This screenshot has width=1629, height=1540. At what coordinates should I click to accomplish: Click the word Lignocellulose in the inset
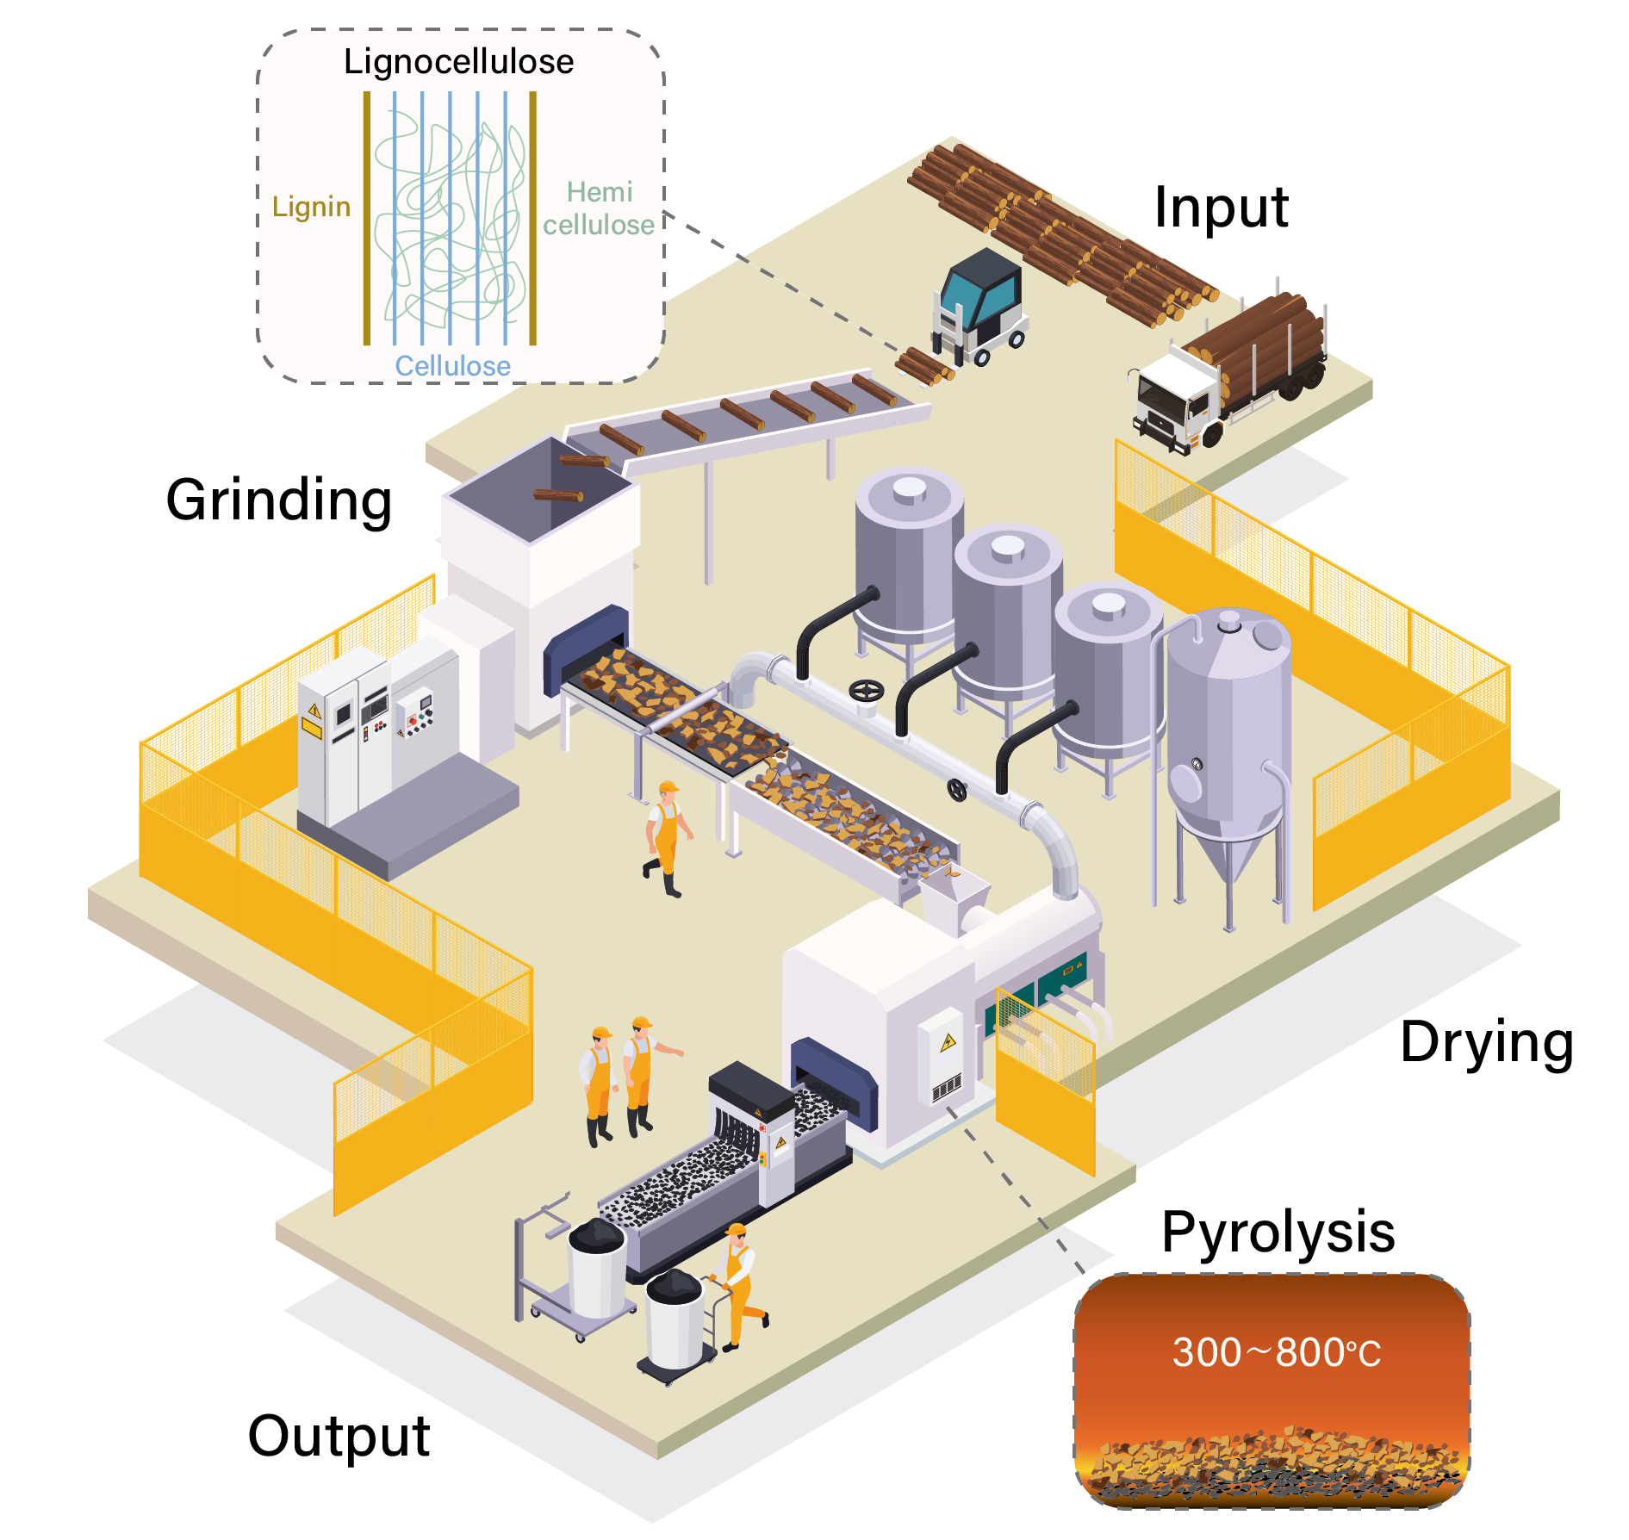tap(458, 62)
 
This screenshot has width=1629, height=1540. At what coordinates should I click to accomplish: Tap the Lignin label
tap(311, 207)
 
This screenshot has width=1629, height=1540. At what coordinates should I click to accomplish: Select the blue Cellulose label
tap(452, 366)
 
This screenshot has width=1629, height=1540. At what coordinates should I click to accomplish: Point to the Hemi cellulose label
tap(599, 208)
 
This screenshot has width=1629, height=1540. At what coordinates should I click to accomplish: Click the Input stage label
tap(1221, 208)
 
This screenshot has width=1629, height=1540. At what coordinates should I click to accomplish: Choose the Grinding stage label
tap(278, 500)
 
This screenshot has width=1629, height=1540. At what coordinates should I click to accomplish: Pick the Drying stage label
tap(1486, 1042)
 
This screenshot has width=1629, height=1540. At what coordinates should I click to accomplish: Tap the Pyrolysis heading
tap(1278, 1232)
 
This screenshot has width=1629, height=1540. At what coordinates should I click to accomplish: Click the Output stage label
tap(339, 1436)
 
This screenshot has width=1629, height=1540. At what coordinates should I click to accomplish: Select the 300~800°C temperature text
tap(1276, 1353)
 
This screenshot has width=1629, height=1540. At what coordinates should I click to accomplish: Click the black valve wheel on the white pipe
tap(867, 692)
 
